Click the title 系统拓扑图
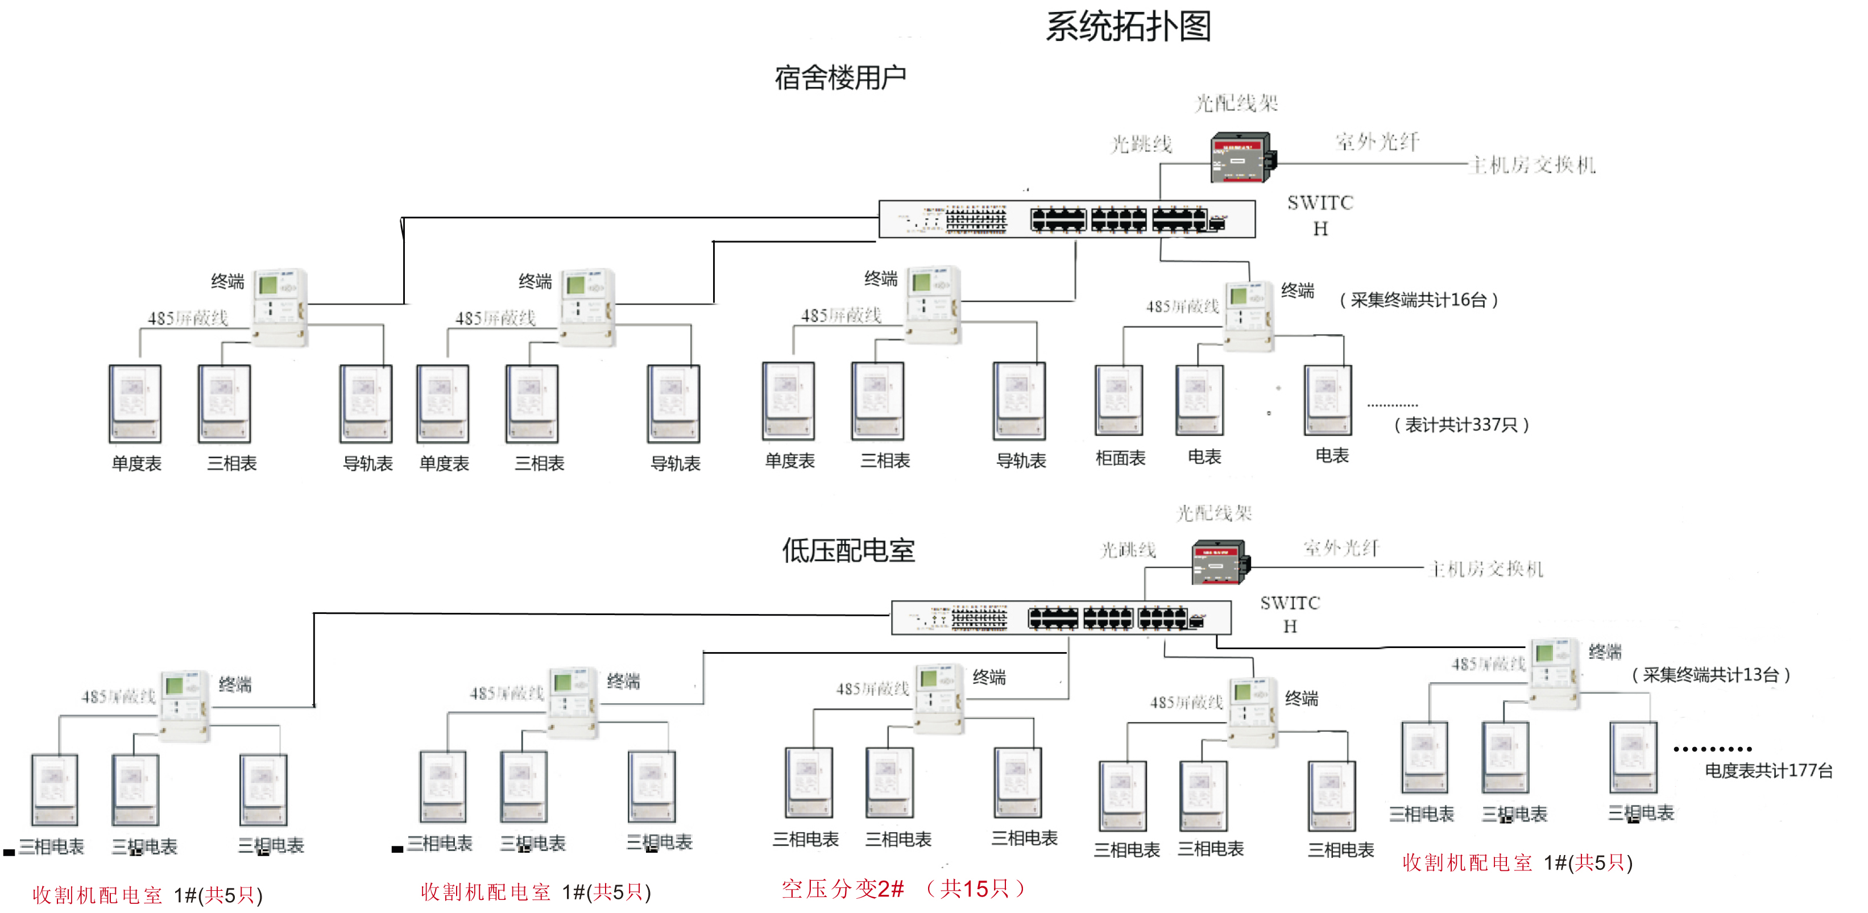(x=1128, y=27)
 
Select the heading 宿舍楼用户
(x=840, y=77)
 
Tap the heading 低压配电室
(x=848, y=550)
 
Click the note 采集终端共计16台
(x=1418, y=300)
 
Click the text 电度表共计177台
(x=1768, y=770)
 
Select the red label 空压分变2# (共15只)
(x=903, y=889)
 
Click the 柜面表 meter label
(x=1120, y=458)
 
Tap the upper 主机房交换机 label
(x=1532, y=165)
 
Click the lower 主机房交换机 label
(x=1486, y=569)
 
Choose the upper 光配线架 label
(x=1236, y=103)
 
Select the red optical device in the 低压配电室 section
(x=1221, y=562)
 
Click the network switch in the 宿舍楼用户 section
(x=1066, y=219)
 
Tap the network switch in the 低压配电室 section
(x=1060, y=618)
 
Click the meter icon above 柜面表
(x=1119, y=400)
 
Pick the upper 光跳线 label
(x=1141, y=144)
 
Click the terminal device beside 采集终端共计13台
(x=1554, y=672)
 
